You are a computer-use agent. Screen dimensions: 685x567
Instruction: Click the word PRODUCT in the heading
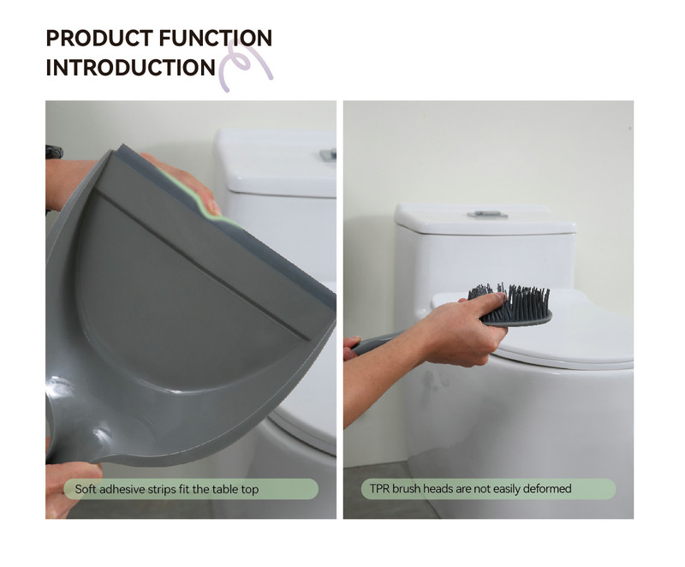point(99,38)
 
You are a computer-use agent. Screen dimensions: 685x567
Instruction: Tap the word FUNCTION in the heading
point(216,38)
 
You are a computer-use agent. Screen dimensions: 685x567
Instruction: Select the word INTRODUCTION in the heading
point(131,68)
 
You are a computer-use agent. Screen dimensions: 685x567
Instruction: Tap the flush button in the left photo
point(328,154)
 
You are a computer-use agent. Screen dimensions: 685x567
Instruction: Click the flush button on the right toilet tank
point(487,214)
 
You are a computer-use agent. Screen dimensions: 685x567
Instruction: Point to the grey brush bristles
point(510,300)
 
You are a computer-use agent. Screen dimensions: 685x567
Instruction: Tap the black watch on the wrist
point(54,152)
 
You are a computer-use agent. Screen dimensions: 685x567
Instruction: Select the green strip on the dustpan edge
point(197,197)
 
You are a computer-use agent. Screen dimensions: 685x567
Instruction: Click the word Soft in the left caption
point(85,489)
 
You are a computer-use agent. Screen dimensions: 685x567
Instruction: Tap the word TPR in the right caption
point(379,488)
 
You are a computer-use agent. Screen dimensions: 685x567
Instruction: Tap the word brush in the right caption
point(405,488)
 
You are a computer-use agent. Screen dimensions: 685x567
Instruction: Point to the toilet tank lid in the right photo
point(485,218)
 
